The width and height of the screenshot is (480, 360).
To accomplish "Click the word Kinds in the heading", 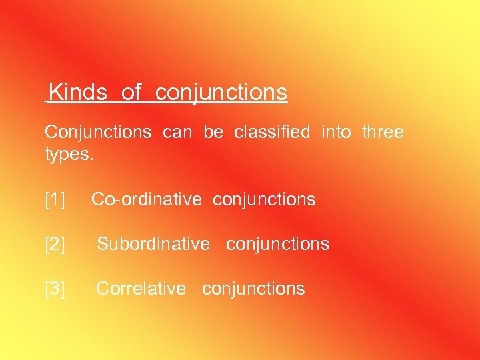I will [78, 92].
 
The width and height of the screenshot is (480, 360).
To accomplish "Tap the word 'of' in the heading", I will [131, 92].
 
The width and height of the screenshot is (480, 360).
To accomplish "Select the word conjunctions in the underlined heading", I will [221, 92].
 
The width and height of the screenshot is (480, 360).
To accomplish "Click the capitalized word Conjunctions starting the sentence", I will [98, 132].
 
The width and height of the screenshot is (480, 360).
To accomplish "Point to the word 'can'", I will [177, 132].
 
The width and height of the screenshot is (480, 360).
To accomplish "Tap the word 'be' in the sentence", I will [213, 132].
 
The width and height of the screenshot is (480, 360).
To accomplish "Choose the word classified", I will [272, 132].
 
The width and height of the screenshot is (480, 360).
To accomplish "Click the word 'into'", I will [336, 132].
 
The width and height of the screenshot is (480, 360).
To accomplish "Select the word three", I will [383, 132].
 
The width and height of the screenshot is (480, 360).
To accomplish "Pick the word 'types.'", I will [70, 155].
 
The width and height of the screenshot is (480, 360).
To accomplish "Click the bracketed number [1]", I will [55, 199].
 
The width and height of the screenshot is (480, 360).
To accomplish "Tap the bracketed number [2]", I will [55, 245].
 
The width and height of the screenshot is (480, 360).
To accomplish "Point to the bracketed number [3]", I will [55, 289].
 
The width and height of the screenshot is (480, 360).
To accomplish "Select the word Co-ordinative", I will [146, 199].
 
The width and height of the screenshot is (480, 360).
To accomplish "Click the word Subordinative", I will [153, 245].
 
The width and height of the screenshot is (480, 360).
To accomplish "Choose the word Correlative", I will [141, 289].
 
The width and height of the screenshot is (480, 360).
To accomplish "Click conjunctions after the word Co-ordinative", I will [265, 199].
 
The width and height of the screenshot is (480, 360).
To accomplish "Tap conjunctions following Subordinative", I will [277, 245].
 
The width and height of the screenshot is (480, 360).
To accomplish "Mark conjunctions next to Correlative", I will [253, 289].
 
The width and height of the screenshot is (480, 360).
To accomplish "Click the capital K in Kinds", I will [55, 92].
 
